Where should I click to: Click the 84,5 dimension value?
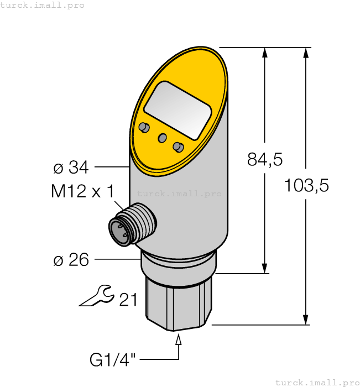264,160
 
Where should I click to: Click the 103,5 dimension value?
306,186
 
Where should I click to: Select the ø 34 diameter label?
71,166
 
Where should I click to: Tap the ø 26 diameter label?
71,259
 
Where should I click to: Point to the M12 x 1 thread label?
82,192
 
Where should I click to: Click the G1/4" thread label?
113,360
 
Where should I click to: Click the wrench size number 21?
128,300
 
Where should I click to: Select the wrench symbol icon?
96,296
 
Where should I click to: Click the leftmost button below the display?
144,128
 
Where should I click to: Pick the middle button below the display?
163,138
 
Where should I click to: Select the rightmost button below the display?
178,147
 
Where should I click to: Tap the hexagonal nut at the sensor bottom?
178,304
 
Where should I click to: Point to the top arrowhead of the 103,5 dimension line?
305,53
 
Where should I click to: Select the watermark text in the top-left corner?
43,5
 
